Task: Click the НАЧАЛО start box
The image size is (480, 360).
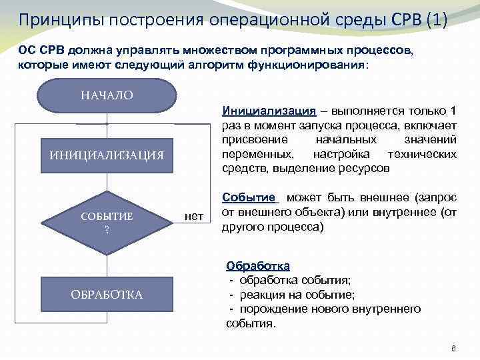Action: [107, 95]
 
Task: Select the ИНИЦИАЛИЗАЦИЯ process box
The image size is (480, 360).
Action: [107, 155]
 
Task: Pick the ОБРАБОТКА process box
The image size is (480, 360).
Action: [107, 295]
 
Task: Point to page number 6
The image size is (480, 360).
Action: [453, 349]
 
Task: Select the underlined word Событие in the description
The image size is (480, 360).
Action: [249, 198]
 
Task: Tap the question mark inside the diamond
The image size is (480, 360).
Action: [107, 229]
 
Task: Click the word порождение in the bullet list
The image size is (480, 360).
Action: [273, 309]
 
